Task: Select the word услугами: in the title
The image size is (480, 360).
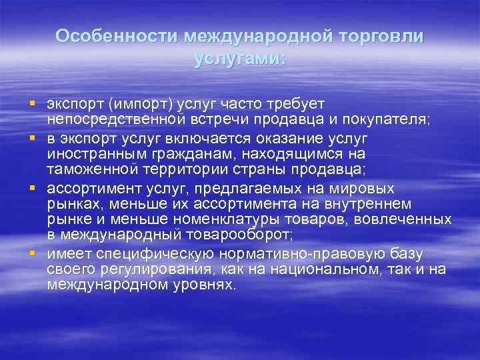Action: (x=239, y=59)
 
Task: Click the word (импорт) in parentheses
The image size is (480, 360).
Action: (x=143, y=105)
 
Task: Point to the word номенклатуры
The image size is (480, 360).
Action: (x=244, y=220)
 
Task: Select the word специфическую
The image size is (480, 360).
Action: (x=158, y=254)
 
